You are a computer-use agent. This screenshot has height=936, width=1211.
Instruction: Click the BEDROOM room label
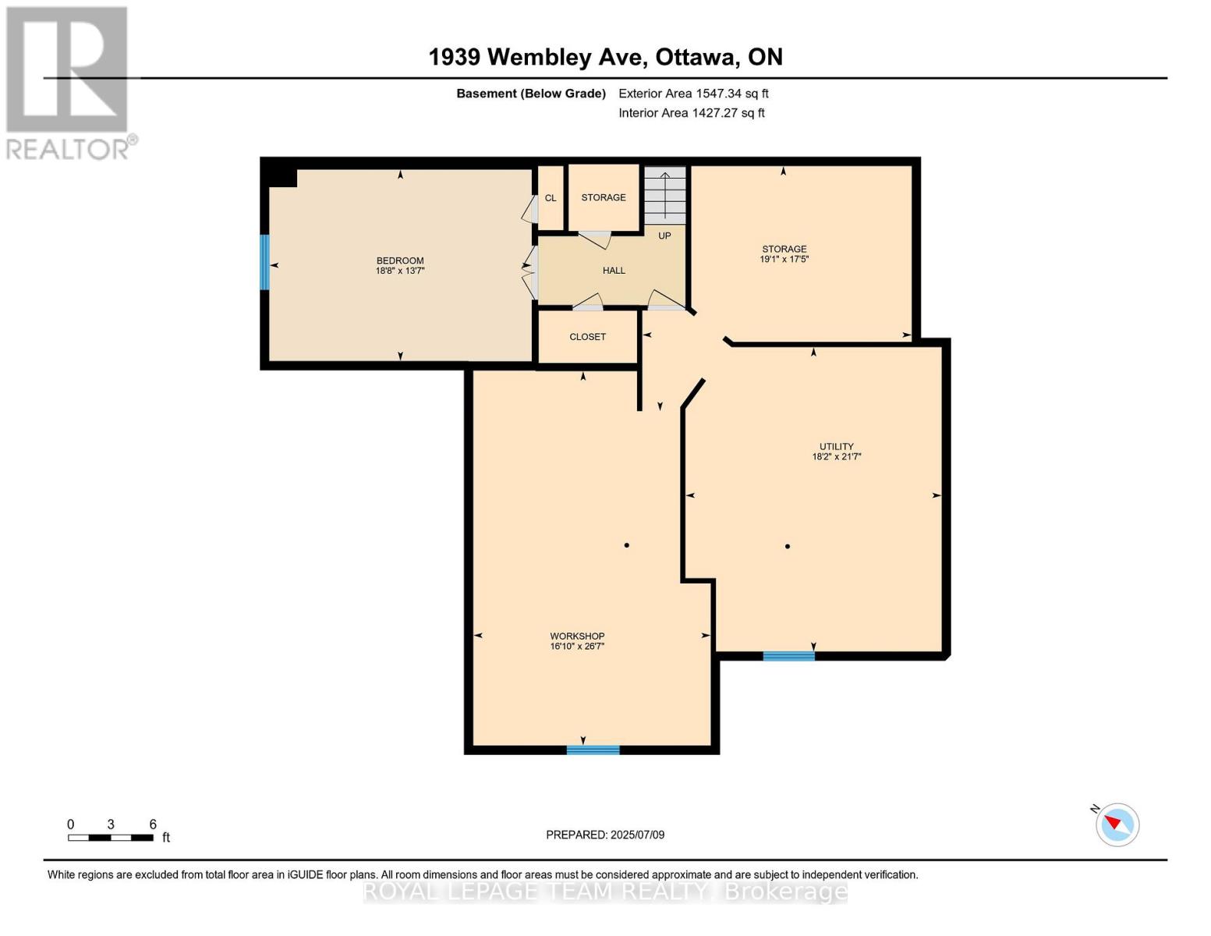(x=400, y=261)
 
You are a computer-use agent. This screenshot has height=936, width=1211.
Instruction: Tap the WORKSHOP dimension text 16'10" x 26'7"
(x=577, y=647)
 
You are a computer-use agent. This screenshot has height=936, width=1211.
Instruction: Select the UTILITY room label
(x=836, y=446)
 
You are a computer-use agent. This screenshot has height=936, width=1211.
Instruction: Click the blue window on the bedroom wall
(x=264, y=263)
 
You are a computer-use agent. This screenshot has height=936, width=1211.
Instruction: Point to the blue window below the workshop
(x=593, y=750)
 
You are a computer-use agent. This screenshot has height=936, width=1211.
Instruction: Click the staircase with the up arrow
(x=664, y=195)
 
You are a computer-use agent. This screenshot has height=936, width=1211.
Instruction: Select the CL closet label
(x=551, y=198)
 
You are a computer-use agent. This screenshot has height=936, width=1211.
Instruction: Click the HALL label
(x=614, y=271)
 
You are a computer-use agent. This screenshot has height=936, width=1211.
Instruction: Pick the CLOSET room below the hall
(x=588, y=337)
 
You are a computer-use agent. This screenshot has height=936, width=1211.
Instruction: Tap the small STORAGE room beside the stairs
(x=604, y=197)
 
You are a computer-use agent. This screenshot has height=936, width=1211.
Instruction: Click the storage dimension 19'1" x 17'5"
(x=784, y=259)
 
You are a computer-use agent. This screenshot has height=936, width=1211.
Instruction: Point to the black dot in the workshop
(x=627, y=545)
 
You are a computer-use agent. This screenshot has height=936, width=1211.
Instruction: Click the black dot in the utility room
(x=788, y=546)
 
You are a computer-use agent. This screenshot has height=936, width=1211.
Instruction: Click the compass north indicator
(x=1117, y=824)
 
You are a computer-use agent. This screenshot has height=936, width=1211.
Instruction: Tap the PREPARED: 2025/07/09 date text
(x=605, y=835)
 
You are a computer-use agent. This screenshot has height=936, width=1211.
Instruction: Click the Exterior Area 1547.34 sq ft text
(x=693, y=94)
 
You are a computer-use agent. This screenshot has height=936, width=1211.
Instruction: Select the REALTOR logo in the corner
(x=69, y=82)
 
